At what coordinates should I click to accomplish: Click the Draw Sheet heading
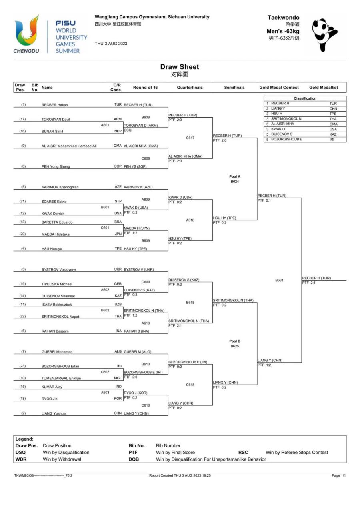(180, 67)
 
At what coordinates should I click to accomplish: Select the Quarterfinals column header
(190, 88)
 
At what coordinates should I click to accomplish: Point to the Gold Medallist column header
(324, 88)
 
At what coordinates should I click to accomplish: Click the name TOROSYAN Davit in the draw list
(56, 119)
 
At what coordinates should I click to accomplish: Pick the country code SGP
(118, 166)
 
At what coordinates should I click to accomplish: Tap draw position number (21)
(22, 201)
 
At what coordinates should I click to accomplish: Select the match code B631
(279, 280)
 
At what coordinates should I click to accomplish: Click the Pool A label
(235, 176)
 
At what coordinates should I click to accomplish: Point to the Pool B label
(235, 341)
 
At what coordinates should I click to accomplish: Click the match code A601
(105, 125)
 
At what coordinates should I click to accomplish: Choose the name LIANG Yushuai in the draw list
(54, 413)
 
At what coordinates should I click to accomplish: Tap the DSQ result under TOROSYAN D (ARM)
(128, 130)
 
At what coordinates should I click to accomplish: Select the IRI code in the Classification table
(332, 140)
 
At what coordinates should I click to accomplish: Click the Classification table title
(305, 98)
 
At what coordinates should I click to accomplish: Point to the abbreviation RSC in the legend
(243, 453)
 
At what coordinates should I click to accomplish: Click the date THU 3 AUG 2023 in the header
(111, 44)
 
